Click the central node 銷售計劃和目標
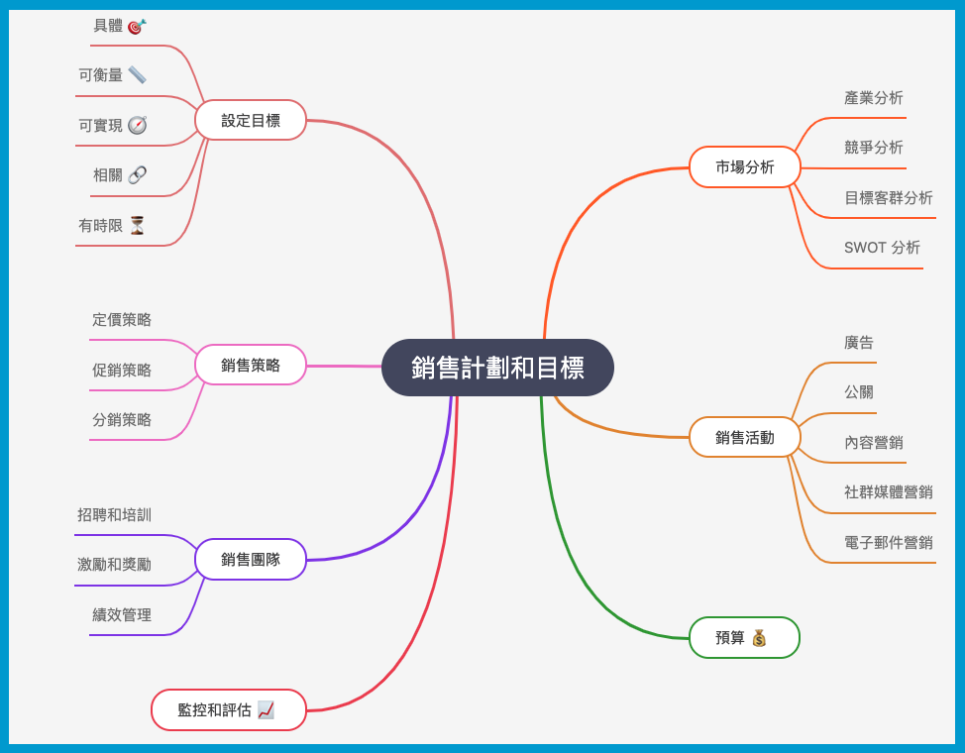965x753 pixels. pos(497,368)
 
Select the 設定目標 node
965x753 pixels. pos(251,120)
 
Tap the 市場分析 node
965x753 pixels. pos(744,167)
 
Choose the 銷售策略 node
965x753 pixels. pos(251,365)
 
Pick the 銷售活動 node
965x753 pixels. pos(744,437)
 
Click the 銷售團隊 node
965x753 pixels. pos(251,559)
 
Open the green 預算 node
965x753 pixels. pos(743,637)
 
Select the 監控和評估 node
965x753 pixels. pos(228,709)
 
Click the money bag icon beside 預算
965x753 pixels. pos(759,637)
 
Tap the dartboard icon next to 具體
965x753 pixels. pos(137,26)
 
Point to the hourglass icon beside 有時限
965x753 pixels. pos(137,225)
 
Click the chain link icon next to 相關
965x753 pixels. pos(137,174)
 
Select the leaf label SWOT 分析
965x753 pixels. pos(882,248)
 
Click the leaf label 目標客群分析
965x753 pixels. pos(888,198)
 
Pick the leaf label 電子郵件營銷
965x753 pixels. pos(888,542)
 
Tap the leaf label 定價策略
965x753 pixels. pos(122,320)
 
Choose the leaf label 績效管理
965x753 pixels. pos(122,614)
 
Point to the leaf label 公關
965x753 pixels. pos(859,392)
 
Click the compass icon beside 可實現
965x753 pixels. pos(137,125)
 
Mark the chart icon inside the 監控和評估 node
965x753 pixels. pos(266,709)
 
